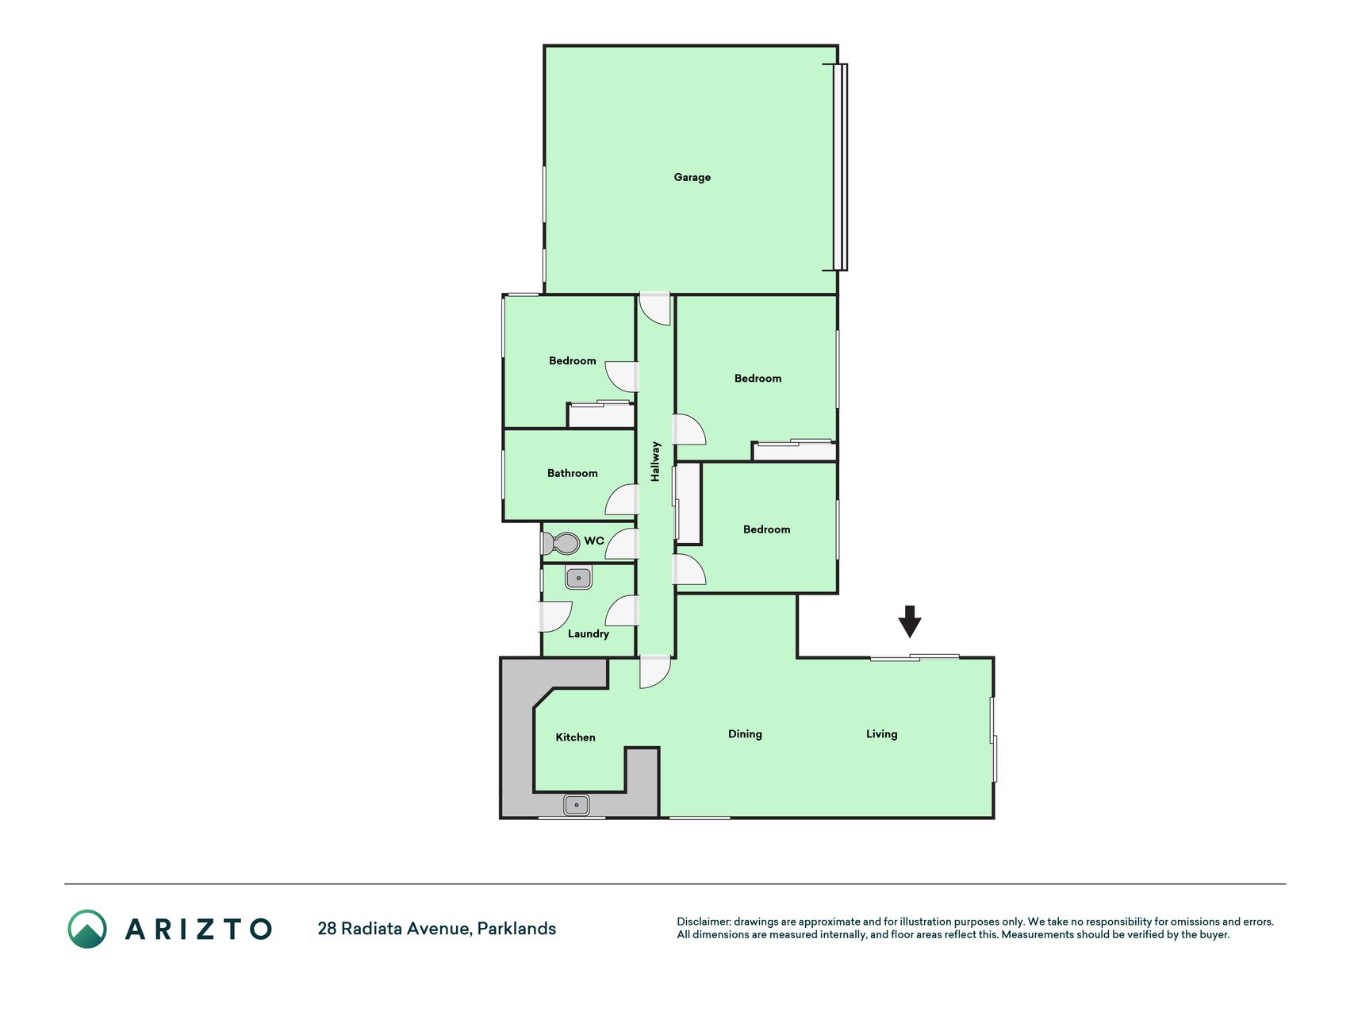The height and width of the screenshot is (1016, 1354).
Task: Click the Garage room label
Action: click(692, 177)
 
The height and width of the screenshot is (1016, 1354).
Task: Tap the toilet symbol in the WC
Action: click(561, 544)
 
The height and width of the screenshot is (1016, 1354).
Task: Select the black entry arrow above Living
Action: click(910, 622)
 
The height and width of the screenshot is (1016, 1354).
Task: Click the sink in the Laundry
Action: click(579, 578)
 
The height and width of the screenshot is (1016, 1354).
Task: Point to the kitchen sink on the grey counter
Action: click(577, 805)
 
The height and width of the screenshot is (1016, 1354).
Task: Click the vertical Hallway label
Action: click(655, 462)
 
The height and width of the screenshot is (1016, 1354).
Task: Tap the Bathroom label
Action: click(572, 473)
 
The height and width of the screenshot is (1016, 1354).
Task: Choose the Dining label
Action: click(745, 734)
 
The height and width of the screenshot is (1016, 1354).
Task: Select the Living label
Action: click(881, 734)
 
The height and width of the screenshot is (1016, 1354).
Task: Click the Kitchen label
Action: click(575, 737)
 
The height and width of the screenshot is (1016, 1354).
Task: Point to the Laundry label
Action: click(589, 633)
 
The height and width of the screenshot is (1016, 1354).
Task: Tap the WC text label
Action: click(594, 541)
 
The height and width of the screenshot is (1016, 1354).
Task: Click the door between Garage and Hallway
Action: click(655, 309)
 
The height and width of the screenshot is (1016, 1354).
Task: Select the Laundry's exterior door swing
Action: click(555, 617)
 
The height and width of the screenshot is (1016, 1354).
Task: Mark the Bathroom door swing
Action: click(622, 499)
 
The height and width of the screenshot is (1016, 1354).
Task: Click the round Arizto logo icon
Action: click(87, 929)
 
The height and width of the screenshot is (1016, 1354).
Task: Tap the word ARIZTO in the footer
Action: click(198, 929)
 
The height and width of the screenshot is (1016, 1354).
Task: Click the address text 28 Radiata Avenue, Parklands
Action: click(436, 929)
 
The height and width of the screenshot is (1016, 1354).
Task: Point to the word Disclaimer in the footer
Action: click(703, 922)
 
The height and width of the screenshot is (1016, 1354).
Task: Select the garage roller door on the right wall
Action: click(840, 167)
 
